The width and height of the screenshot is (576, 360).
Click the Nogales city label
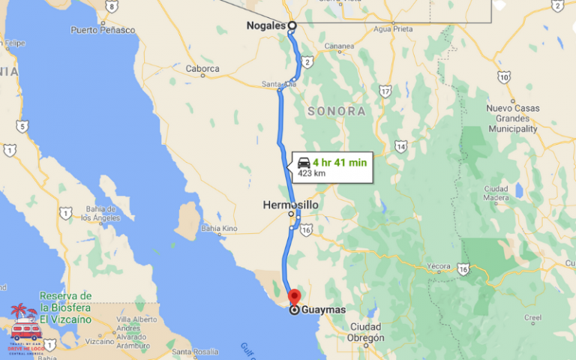click(266, 25)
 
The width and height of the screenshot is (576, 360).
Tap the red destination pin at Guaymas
click(294, 295)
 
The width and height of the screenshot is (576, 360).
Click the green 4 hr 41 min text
click(340, 161)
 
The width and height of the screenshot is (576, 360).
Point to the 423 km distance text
click(311, 173)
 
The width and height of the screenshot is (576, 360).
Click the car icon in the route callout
click(304, 162)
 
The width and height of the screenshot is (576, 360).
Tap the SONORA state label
click(337, 112)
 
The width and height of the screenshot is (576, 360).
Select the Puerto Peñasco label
click(103, 30)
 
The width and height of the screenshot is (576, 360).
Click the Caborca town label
click(203, 68)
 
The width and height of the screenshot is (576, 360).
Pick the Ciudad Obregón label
click(366, 331)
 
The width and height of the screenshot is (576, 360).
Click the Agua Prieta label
click(392, 28)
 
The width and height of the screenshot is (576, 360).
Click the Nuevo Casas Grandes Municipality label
click(512, 118)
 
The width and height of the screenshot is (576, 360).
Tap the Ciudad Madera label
click(496, 193)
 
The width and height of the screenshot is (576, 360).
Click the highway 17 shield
click(385, 91)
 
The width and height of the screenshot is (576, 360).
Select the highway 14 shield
click(401, 146)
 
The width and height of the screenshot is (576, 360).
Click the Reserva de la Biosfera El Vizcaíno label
click(66, 307)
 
